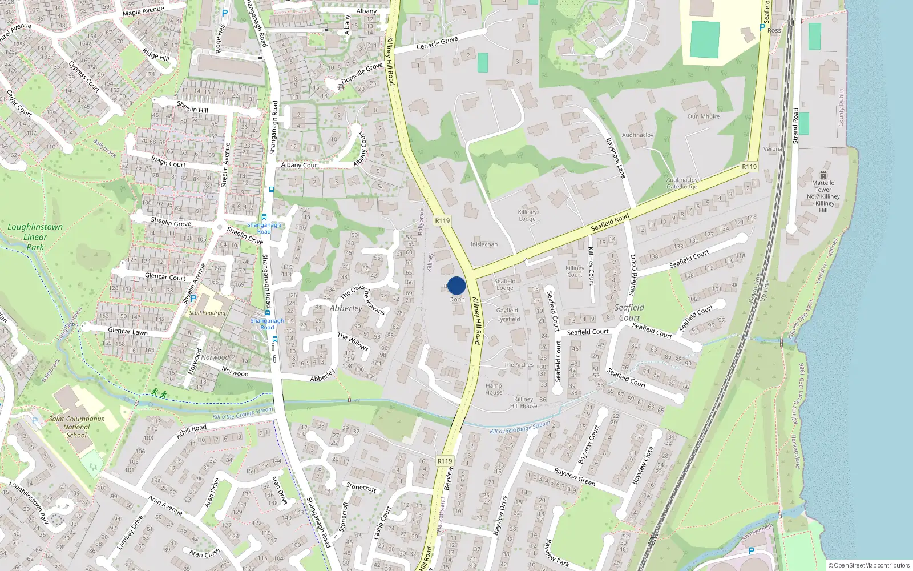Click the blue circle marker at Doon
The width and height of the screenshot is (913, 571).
click(x=457, y=285)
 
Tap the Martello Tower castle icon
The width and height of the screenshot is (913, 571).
click(x=823, y=175)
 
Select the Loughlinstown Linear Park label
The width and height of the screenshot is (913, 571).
click(x=35, y=236)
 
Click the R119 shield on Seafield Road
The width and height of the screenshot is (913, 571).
click(x=749, y=167)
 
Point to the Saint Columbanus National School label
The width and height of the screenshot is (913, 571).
click(x=76, y=427)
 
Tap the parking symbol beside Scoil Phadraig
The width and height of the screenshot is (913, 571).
click(x=193, y=298)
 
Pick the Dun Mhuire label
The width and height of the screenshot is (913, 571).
click(x=704, y=116)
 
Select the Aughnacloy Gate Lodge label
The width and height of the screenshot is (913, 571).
click(x=682, y=183)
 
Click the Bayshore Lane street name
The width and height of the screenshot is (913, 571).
click(x=616, y=158)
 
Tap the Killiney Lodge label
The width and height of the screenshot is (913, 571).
click(x=527, y=215)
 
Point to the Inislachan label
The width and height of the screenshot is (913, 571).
click(x=484, y=244)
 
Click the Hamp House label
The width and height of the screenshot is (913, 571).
click(x=494, y=389)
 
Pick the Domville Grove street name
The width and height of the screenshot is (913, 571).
click(x=362, y=73)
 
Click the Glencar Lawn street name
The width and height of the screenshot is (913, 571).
click(x=128, y=331)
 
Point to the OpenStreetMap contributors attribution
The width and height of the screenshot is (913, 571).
click(x=869, y=565)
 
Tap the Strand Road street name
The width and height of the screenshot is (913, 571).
click(x=795, y=126)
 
